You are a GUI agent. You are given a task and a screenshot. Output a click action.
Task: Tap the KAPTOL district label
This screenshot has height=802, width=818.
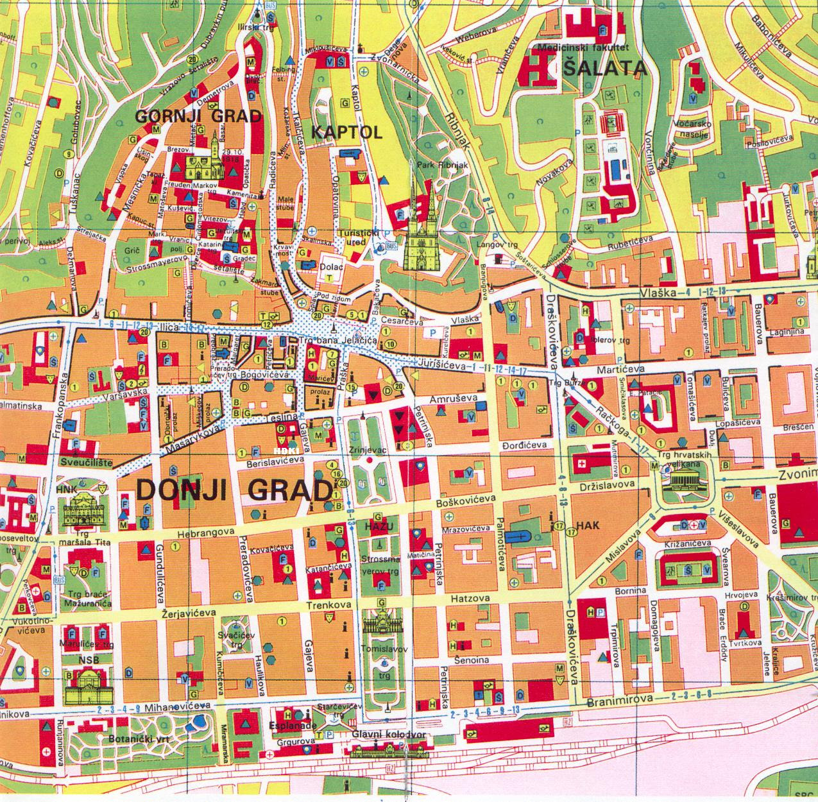pos(346,133)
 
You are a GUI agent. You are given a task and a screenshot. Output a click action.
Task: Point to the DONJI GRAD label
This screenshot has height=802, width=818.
pos(235,490)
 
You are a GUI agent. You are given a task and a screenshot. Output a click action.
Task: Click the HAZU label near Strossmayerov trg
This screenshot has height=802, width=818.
pos(378,525)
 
